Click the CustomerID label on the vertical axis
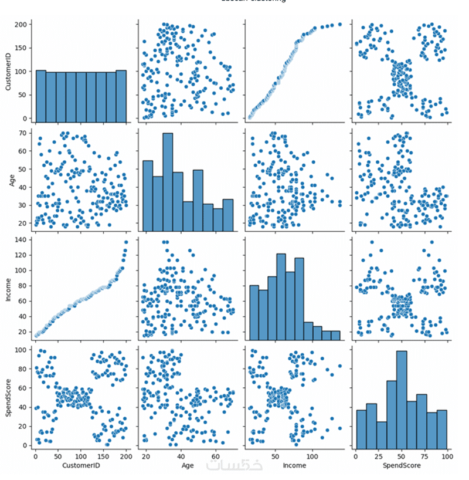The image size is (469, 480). tap(8, 71)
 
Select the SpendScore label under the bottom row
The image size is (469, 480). tap(402, 465)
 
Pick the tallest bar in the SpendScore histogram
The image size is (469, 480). tap(402, 399)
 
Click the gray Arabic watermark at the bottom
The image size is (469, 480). tap(235, 464)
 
